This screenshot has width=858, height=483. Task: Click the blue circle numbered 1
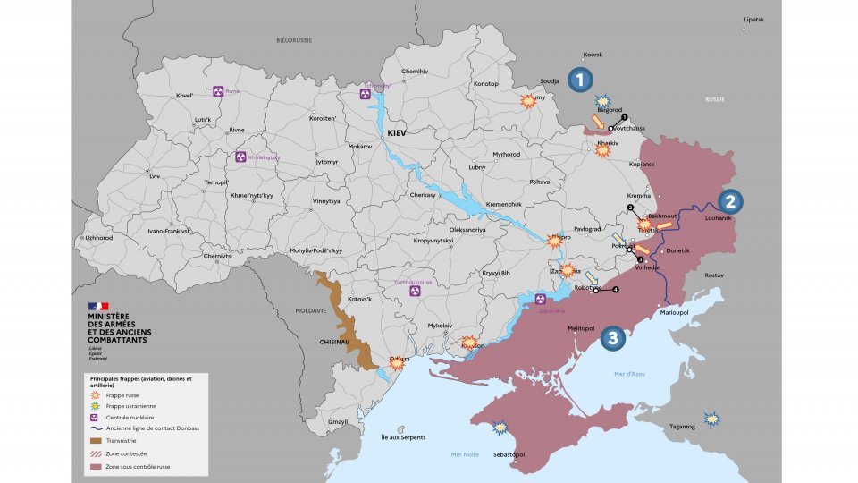pos(581,80)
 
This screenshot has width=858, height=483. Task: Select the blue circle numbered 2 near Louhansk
pos(729,201)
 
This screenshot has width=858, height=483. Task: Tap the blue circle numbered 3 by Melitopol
pos(611,337)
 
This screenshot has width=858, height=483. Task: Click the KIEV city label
pos(396,132)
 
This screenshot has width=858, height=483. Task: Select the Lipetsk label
pos(754,19)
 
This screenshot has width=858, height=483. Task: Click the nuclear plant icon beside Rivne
pos(219,91)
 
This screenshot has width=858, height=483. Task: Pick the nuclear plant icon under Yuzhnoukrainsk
pos(415,292)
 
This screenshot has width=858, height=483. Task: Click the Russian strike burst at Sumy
pos(528,101)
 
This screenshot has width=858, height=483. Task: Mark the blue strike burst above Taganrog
pos(711,418)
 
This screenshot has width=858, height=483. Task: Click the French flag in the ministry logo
pos(97,307)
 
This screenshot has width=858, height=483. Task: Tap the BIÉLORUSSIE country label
pos(293,41)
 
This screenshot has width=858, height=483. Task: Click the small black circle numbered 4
pos(615,290)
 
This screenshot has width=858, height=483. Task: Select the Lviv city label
pos(155,176)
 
